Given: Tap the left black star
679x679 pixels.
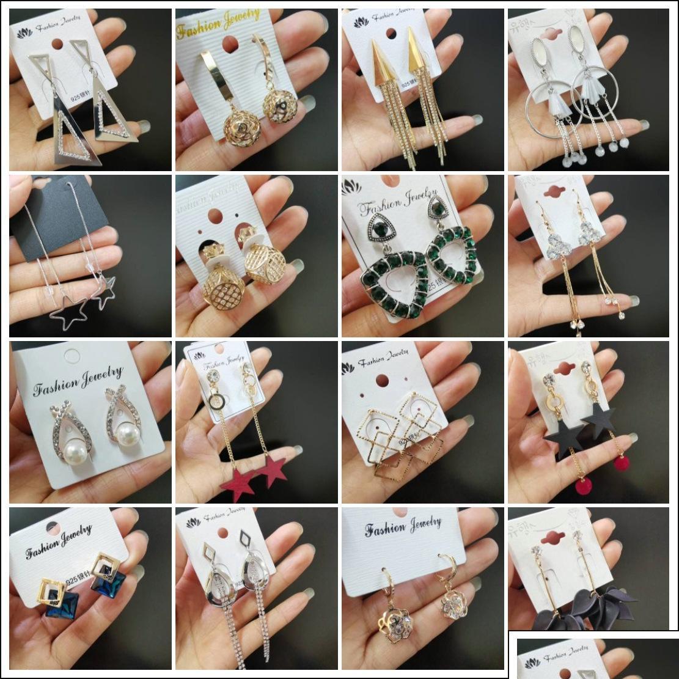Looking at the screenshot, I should (557, 436).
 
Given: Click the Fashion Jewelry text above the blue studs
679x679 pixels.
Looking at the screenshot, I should (59, 541).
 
